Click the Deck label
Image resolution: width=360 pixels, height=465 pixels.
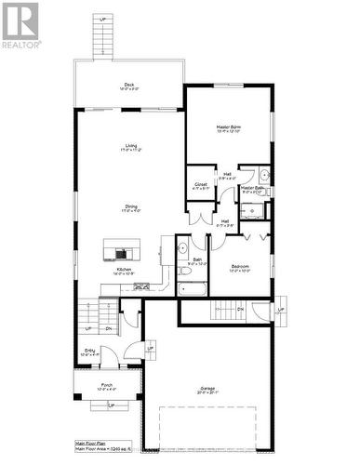click(129, 86)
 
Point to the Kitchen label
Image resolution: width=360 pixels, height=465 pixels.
click(124, 269)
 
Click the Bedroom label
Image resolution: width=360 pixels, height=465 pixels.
click(241, 267)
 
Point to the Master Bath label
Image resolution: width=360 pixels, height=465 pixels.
click(253, 188)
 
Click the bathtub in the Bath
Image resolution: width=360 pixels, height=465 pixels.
click(193, 290)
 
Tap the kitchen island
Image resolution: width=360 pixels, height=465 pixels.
click(121, 251)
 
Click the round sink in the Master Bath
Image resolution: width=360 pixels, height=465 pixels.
click(264, 174)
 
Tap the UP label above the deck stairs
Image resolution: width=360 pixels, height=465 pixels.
click(101, 20)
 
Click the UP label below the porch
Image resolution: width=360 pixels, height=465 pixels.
click(111, 406)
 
